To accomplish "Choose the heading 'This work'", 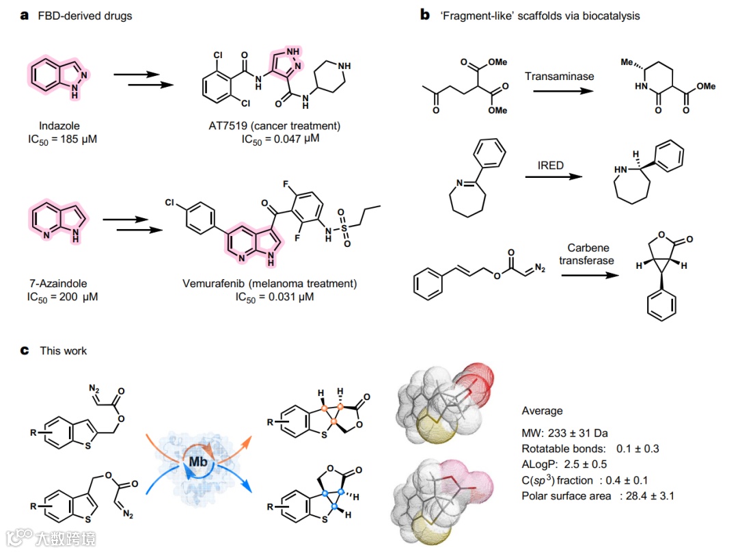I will coord(64,351).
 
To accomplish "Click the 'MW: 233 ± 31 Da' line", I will coord(564,432).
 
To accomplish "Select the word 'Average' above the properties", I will coord(542,410).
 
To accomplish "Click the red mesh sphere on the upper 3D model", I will coord(476,380).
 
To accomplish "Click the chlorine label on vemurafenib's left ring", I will coord(172,205).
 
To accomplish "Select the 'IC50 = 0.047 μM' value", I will coord(281,139).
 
